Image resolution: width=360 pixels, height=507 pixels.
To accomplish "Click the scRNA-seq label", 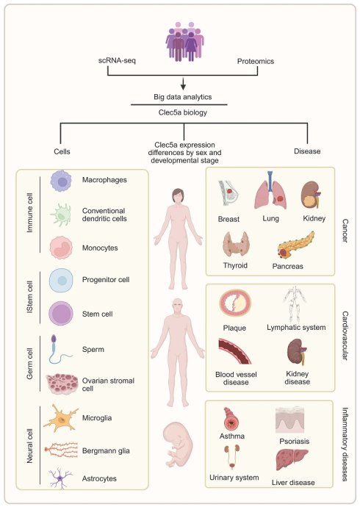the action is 117,60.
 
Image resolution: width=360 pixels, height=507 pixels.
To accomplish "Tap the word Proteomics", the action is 256,61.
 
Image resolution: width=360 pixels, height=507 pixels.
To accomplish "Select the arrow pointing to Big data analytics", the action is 183,83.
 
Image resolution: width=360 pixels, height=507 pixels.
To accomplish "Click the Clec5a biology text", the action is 183,112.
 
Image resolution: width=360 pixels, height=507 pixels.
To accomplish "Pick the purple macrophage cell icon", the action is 61,181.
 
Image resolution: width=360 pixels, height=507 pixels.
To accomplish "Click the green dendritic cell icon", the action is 61,215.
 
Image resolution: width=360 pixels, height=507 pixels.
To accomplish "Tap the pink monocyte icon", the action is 61,248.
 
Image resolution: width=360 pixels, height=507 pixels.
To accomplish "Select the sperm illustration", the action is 59,349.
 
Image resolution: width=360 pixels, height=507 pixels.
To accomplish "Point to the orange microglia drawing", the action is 61,418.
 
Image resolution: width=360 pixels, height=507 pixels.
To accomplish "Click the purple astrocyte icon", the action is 60,478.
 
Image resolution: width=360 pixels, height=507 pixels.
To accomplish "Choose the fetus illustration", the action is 178,443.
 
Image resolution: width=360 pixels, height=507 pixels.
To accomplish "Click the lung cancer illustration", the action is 271,190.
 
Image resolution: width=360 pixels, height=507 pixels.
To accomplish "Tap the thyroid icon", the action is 236,245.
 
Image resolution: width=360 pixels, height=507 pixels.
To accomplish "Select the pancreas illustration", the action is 295,245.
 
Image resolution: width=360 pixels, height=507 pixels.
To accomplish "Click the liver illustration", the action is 292,459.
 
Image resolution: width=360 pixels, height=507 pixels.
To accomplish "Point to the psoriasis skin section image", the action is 290,420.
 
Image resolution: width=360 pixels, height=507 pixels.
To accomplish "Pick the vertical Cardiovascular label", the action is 345,336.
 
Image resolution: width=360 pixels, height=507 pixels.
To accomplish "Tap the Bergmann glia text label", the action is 106,450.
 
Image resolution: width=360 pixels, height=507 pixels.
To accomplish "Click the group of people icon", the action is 184,42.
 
